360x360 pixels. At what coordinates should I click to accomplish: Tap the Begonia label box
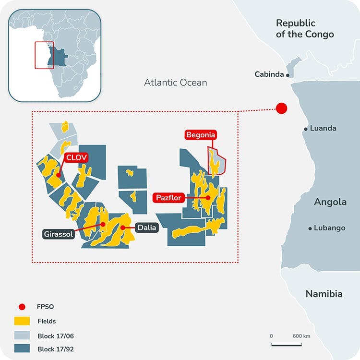[x=201, y=135]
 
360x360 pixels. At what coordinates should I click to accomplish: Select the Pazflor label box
[x=168, y=197]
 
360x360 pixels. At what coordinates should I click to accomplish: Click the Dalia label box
[x=146, y=228]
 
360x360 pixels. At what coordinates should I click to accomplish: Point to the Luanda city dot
[x=306, y=129]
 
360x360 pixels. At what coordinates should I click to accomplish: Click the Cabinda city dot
[x=288, y=75]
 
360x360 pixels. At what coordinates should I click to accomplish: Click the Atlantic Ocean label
[x=176, y=83]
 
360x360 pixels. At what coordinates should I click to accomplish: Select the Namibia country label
[x=324, y=294]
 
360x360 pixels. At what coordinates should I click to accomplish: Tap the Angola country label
[x=330, y=202]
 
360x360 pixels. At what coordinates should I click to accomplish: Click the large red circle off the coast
[x=281, y=108]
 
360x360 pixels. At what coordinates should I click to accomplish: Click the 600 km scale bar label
[x=301, y=336]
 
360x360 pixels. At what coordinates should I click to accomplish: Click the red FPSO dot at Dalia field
[x=123, y=228]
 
